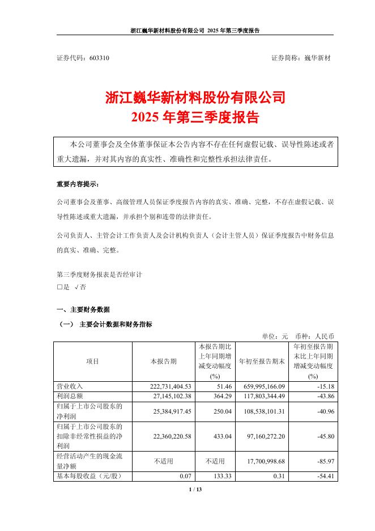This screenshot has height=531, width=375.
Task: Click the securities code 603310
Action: pyautogui.click(x=100, y=58)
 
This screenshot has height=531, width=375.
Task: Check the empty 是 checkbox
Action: pyautogui.click(x=59, y=287)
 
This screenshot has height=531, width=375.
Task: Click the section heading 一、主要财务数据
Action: pyautogui.click(x=83, y=310)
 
